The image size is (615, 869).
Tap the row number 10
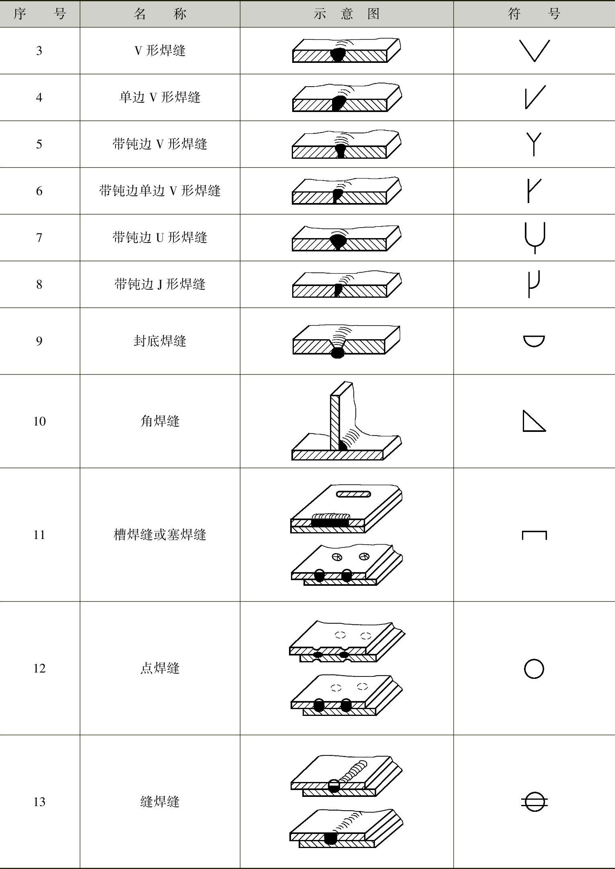pos(39,421)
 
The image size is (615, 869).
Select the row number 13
pos(39,802)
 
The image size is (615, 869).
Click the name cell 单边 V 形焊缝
pos(160,97)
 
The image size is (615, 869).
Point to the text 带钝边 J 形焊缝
pos(160,284)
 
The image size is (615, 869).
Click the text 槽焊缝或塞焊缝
pos(160,535)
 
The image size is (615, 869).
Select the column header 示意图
pos(347,14)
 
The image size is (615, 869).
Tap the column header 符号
pos(534,14)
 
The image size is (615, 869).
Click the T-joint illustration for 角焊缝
pos(346,421)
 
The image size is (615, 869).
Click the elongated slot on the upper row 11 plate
pos(353,494)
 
